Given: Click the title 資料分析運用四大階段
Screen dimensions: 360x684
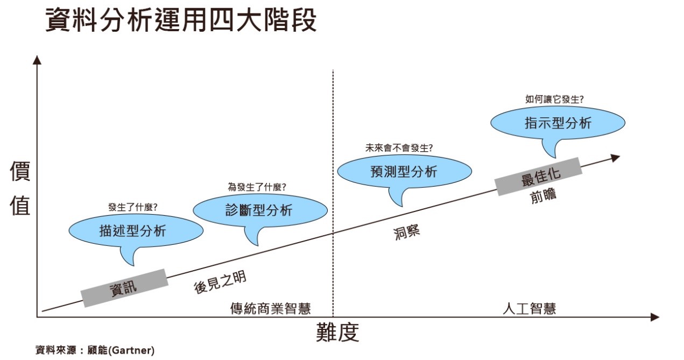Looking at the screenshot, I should coord(181,21).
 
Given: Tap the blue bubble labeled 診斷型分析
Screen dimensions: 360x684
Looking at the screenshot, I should coord(259,209).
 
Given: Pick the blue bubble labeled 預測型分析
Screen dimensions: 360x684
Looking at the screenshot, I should coord(404,172).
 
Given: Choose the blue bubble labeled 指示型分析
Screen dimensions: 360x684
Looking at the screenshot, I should coord(558,123).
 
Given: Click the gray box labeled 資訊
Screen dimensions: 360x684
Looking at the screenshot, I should coord(124,288).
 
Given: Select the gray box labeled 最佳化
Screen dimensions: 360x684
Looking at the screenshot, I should coord(539,177).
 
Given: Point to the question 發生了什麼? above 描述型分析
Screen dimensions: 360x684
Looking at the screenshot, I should coord(133,207).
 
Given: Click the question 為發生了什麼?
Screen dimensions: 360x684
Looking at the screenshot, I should coord(257,187).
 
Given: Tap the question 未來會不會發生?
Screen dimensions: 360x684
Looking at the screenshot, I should coord(399,147).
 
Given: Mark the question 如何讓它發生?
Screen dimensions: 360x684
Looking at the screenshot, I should coord(554,99).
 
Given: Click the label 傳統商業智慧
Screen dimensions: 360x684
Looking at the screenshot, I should coord(271,308).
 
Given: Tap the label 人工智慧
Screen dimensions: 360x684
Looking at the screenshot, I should coord(529,308).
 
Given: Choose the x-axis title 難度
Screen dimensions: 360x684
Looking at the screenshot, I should coord(337,333).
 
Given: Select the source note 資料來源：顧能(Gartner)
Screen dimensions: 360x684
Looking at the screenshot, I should coord(95,350).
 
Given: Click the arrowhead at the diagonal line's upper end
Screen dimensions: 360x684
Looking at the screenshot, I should coord(616,157).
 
